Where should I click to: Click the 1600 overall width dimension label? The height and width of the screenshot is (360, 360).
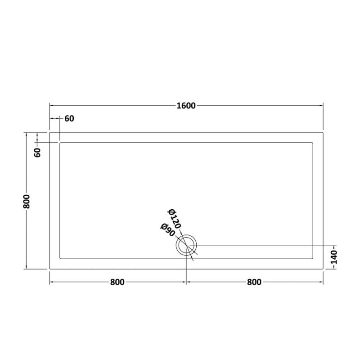(186, 106)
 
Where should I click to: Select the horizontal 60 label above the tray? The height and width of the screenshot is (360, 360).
(69, 119)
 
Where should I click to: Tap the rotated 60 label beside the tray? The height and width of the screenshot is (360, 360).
(38, 152)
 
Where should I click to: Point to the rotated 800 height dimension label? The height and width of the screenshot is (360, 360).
(27, 201)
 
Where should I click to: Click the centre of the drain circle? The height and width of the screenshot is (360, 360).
(187, 245)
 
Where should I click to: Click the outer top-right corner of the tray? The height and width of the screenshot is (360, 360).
(323, 133)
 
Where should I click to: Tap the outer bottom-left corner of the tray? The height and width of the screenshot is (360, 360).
(49, 269)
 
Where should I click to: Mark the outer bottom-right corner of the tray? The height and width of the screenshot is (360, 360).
(323, 269)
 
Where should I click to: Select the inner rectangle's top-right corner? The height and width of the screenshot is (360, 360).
(313, 143)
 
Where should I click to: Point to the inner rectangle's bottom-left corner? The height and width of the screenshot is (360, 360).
(60, 258)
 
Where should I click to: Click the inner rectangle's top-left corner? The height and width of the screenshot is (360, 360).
(60, 143)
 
